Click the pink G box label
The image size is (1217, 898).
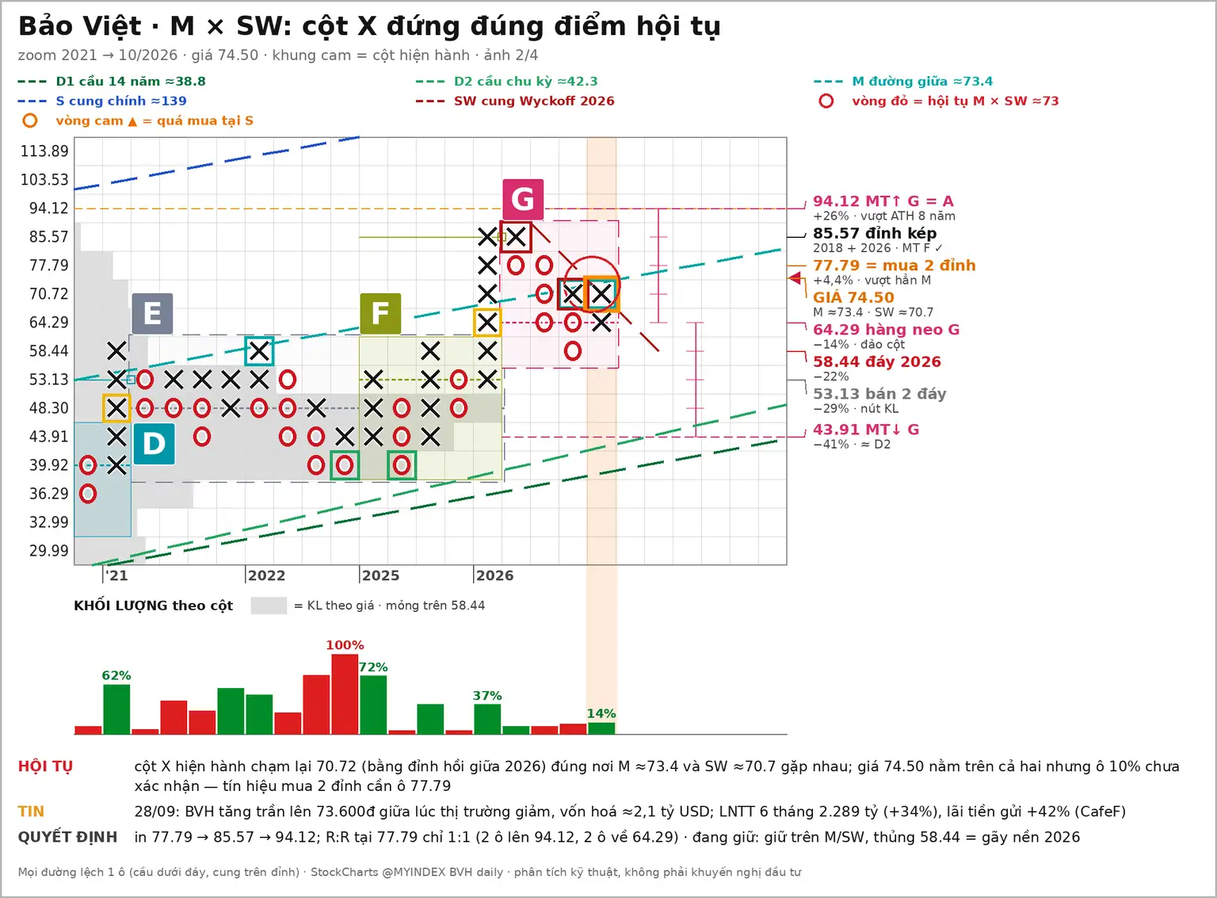523,199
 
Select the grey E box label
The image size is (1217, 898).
152,314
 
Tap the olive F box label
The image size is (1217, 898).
380,314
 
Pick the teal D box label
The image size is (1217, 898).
154,444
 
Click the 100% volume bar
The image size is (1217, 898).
345,694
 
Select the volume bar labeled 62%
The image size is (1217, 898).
116,709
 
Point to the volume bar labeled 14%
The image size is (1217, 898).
601,728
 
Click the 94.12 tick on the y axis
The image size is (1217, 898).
49,208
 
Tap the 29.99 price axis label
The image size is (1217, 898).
49,551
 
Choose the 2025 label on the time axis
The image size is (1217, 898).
380,575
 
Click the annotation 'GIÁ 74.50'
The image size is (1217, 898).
853,297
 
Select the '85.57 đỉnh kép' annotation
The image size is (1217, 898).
875,233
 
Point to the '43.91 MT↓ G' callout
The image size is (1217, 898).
866,430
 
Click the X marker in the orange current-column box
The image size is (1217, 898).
601,294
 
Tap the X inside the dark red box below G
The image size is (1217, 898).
516,237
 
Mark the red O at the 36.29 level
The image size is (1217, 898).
88,494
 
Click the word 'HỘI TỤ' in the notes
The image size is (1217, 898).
45,766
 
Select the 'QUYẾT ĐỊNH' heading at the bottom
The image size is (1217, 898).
67,837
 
